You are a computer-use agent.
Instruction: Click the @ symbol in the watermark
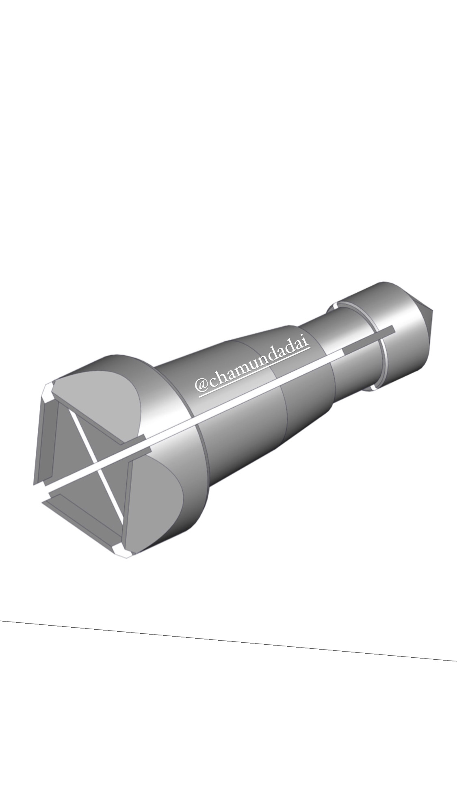(x=202, y=384)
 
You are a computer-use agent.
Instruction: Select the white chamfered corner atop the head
(x=48, y=391)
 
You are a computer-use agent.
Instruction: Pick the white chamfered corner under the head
(x=120, y=551)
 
